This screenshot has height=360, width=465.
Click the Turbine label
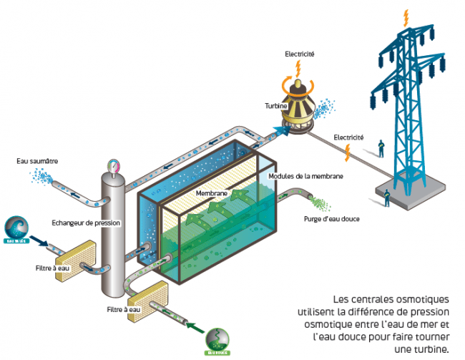275,105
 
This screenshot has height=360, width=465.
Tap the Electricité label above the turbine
300,54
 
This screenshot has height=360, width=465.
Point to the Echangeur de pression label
86,223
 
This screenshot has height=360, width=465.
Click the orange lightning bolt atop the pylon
408,16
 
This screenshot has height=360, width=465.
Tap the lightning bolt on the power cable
348,151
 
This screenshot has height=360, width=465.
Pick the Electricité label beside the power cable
348,137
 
